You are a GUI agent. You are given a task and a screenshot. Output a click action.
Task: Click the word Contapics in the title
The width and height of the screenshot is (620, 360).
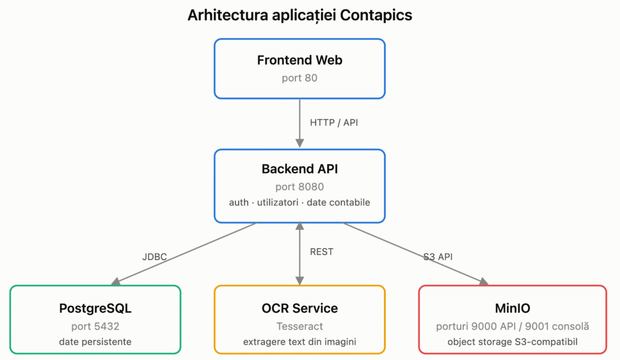375,15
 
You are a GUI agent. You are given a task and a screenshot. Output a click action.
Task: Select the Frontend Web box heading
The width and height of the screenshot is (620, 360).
300,60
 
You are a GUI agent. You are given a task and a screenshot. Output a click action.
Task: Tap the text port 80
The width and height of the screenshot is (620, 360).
300,78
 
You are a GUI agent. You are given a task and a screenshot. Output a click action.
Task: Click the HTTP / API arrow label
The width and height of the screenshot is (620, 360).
334,122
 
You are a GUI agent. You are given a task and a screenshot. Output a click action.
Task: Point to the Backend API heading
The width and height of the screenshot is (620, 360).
300,169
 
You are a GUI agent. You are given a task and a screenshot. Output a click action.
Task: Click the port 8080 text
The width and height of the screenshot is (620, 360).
300,186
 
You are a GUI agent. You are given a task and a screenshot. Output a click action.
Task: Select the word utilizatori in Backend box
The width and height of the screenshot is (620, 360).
277,202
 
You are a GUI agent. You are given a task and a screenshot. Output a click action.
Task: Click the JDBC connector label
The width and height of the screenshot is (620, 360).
154,257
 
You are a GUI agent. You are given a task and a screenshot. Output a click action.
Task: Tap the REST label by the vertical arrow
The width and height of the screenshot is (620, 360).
322,252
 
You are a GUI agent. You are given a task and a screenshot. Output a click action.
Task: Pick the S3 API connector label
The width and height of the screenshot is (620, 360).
438,257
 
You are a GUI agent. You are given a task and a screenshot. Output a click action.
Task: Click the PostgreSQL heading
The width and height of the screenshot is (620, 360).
95,308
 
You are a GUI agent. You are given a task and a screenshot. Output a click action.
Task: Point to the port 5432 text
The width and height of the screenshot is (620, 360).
95,326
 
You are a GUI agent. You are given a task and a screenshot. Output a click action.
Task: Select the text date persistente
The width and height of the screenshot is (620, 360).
95,342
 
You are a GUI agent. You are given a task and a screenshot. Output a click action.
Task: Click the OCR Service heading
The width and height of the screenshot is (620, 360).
300,308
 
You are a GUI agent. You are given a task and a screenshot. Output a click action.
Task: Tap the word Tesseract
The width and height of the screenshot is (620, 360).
300,326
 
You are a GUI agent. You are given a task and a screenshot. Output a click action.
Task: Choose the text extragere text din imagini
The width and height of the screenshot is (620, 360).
300,342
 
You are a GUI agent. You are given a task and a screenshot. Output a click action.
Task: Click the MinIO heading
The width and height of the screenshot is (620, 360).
512,308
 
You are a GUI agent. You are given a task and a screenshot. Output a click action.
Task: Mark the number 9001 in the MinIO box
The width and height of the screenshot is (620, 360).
538,326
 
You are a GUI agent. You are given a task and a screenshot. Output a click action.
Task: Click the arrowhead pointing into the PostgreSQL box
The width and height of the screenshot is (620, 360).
116,282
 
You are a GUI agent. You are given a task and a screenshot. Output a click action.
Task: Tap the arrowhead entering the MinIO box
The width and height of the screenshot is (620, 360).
484,282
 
